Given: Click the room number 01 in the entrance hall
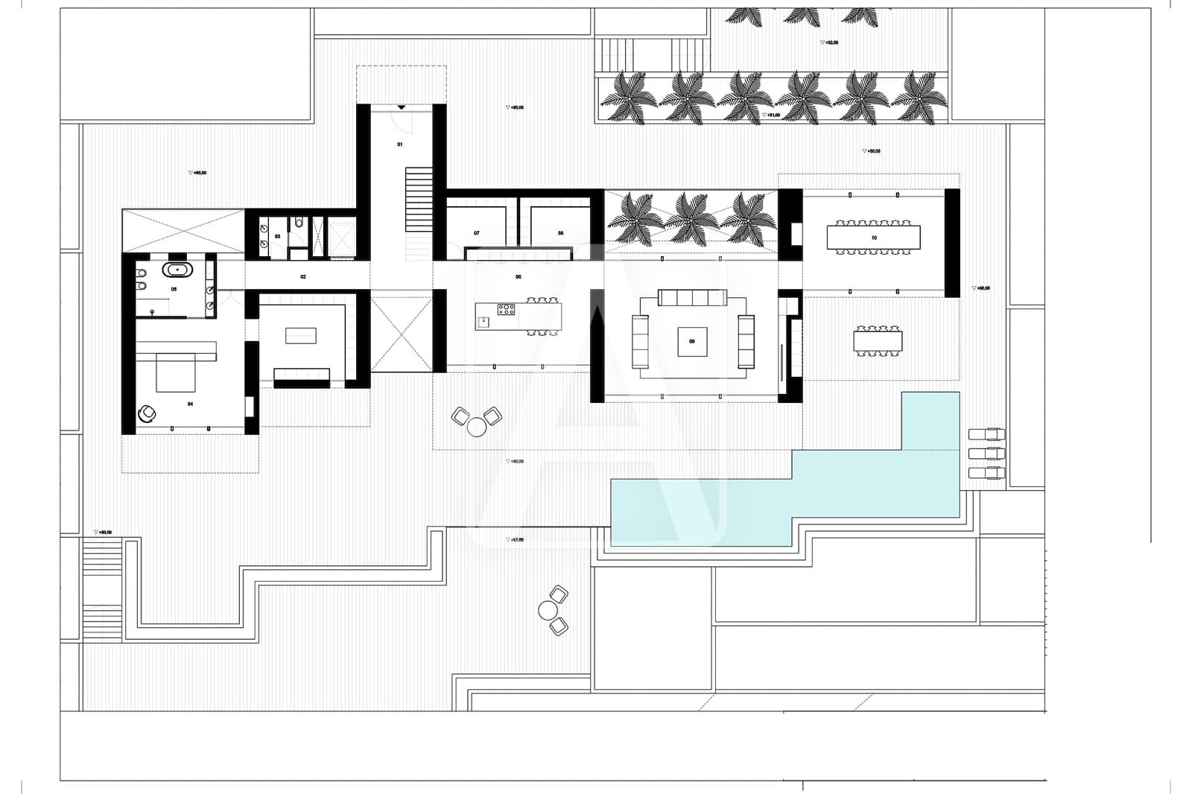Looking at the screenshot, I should (x=399, y=144).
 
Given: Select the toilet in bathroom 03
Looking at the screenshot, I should (x=298, y=222).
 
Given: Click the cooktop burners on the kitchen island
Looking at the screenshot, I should (x=507, y=308).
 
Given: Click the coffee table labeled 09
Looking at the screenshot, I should (x=692, y=342).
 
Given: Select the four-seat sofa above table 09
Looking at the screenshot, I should (x=692, y=299).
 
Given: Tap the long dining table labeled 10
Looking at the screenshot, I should (x=873, y=238).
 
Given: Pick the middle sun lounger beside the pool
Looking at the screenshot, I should (x=986, y=454).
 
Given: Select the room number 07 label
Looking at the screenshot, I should (x=477, y=233).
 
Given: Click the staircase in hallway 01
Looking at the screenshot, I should (x=419, y=199).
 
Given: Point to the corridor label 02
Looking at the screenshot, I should (x=303, y=276).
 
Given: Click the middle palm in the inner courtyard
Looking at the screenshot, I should (x=689, y=217).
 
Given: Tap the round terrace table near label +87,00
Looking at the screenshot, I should (x=548, y=611).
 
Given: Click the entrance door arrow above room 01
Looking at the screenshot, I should (x=402, y=108).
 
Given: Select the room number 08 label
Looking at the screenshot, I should (x=561, y=233).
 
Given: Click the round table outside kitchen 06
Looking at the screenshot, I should (x=475, y=427).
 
